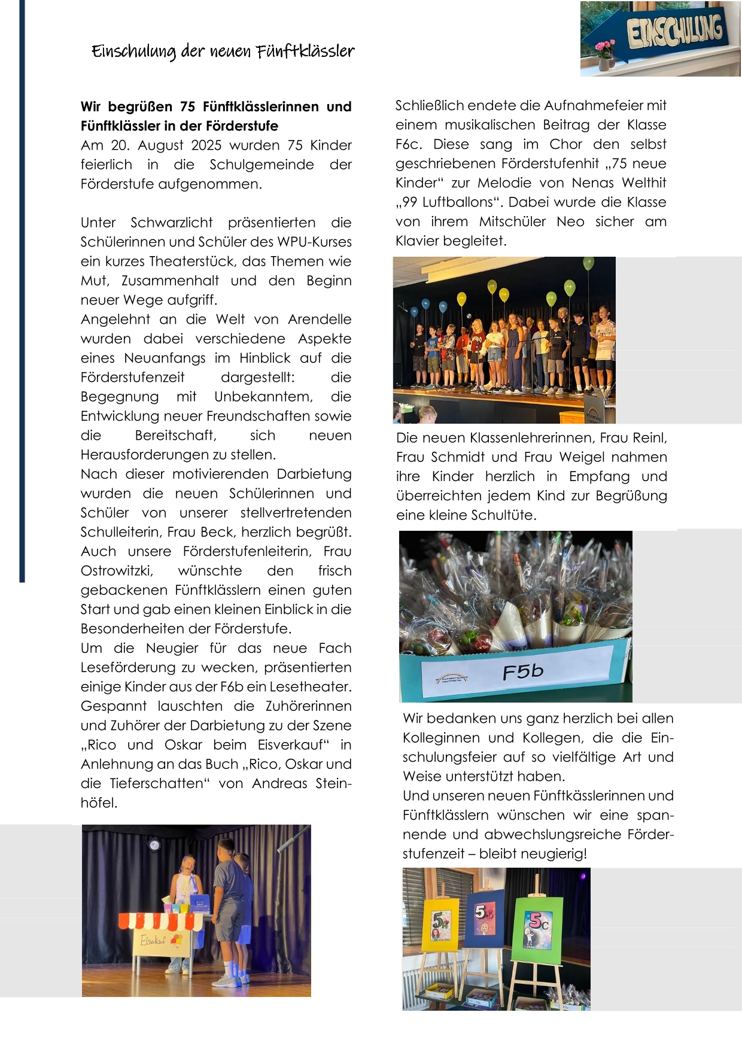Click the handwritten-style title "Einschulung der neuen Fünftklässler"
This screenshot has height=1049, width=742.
coord(223,51)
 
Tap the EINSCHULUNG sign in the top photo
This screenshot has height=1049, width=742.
coord(674,31)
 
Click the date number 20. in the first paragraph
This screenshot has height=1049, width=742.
coord(121,145)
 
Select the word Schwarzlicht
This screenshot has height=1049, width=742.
coord(171,223)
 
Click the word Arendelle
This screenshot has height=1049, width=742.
coord(320,320)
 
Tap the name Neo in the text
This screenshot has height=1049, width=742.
coord(570,221)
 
